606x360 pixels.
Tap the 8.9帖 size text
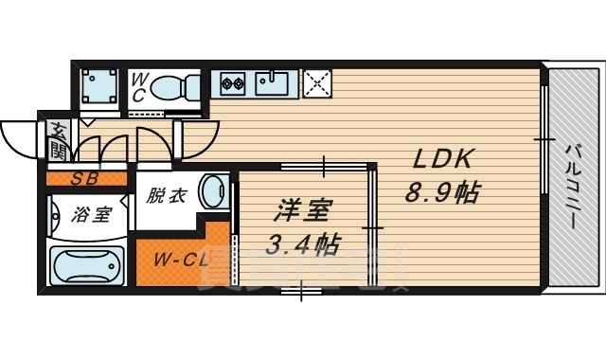coord(441,194)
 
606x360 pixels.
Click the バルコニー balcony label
coord(573,186)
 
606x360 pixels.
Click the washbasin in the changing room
coord(215,189)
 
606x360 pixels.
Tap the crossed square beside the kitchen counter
coord(317,84)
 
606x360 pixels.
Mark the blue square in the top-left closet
coord(96,88)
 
